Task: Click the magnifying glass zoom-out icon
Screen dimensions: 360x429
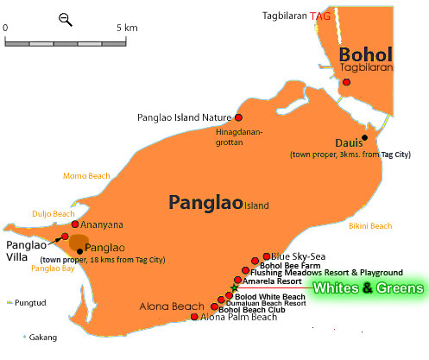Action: point(66,18)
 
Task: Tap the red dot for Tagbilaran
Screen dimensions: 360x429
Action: point(346,82)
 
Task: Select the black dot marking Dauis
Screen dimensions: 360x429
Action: point(365,136)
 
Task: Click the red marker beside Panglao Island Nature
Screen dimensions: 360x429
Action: point(238,117)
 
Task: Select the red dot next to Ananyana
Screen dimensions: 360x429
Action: point(75,224)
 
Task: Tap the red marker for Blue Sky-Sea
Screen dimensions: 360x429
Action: point(266,257)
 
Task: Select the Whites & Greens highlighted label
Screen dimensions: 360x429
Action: point(368,287)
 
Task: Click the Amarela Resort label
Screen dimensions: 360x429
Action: point(272,281)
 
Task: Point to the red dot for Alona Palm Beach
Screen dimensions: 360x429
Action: point(194,317)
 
